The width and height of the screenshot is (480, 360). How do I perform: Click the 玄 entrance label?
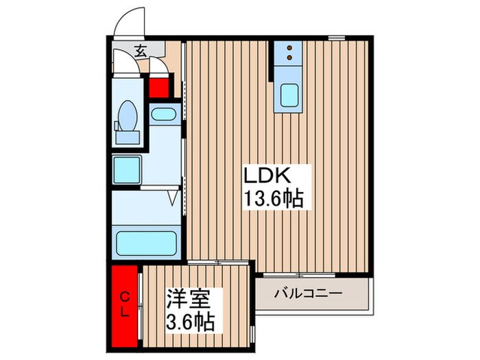coord(140,50)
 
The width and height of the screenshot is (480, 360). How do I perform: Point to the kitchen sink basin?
coord(289,96)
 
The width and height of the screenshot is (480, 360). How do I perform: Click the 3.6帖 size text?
coord(190,321)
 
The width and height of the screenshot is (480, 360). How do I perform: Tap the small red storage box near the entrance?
coord(159,88)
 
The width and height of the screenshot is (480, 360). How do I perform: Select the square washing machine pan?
coord(128,167)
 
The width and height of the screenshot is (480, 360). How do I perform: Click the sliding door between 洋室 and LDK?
coord(218,262)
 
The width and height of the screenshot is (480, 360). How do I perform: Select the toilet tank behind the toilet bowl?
coord(127,136)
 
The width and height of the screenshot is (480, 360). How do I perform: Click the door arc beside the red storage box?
coord(158,67)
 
